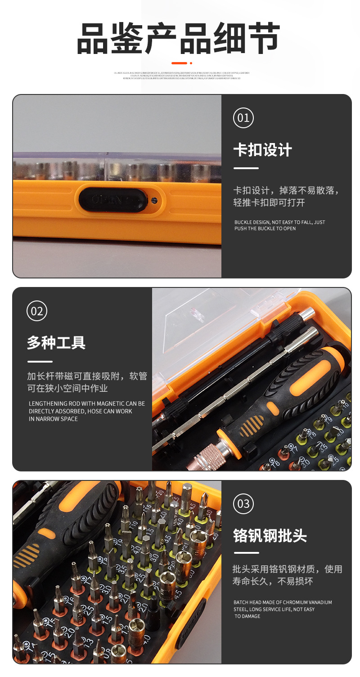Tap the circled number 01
pos(243,118)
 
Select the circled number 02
pos(37,311)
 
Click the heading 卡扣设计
pos(262,150)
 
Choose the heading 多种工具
pos(56,343)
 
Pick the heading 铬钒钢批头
pos(270,536)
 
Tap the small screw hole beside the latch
pos(154,200)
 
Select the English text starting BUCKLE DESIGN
pos(279,225)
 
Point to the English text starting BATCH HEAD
pos(282,609)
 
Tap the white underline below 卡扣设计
pos(246,168)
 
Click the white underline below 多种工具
pos(40,361)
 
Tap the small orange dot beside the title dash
pos(191,63)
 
